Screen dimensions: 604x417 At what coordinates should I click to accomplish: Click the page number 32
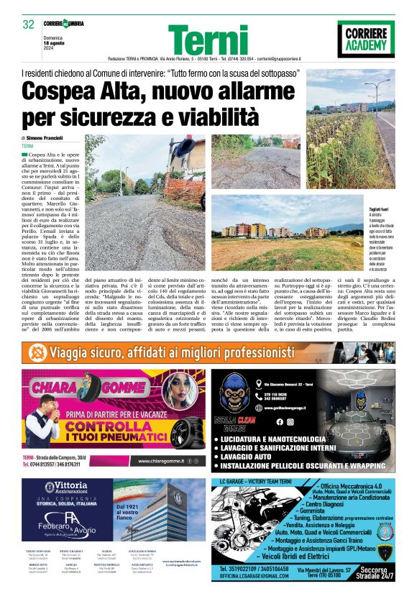[29, 24]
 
